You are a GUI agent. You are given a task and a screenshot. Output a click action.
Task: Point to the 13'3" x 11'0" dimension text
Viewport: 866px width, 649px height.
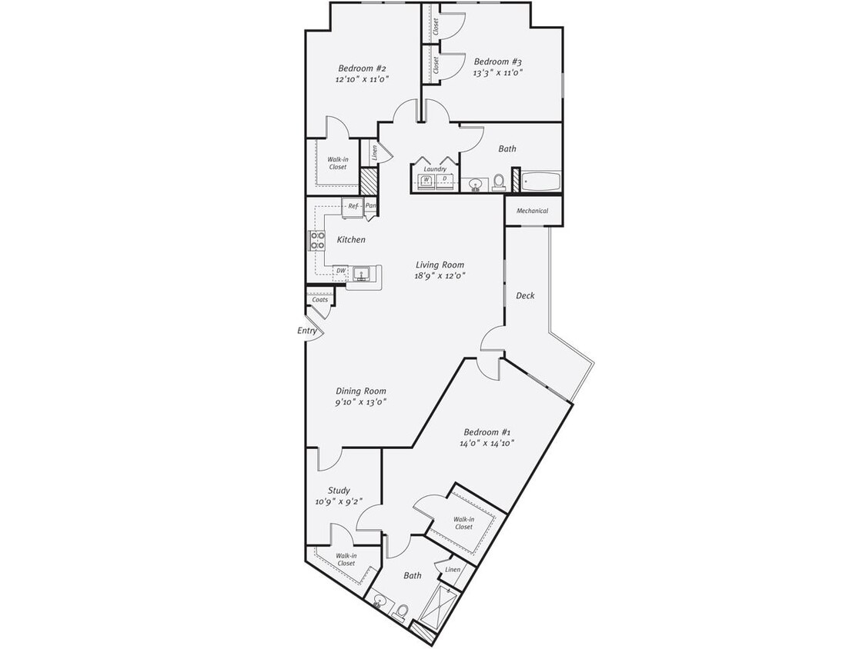point(498,73)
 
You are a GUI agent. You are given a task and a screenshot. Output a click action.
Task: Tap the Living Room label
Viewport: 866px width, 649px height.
point(440,265)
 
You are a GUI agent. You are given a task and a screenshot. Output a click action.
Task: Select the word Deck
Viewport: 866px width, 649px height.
point(525,295)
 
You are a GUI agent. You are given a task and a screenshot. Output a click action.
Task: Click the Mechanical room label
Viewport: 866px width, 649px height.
point(532,211)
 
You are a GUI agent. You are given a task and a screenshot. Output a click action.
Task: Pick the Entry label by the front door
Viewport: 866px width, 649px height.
point(307,331)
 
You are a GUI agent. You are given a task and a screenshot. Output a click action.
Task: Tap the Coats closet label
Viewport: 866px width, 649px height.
point(319,300)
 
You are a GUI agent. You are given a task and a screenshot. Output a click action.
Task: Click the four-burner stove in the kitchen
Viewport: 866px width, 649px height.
point(317,241)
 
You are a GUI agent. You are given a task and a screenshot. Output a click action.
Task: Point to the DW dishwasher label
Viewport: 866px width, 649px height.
point(340,271)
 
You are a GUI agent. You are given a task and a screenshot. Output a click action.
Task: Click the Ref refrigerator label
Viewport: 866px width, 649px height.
point(353,206)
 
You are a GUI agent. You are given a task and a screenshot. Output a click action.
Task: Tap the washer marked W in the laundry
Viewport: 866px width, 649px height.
point(426,181)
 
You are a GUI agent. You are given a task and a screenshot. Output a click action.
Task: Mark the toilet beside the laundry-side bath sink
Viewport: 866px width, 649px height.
point(499,181)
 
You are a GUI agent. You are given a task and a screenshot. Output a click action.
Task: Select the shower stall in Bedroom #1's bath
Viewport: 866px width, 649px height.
point(436,606)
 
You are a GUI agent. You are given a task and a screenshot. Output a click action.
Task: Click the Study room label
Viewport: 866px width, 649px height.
point(339,491)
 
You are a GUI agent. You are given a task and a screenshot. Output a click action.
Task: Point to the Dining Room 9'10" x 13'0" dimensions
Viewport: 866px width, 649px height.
point(360,401)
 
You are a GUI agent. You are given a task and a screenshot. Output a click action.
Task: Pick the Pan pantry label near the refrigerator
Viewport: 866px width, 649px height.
point(370,206)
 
